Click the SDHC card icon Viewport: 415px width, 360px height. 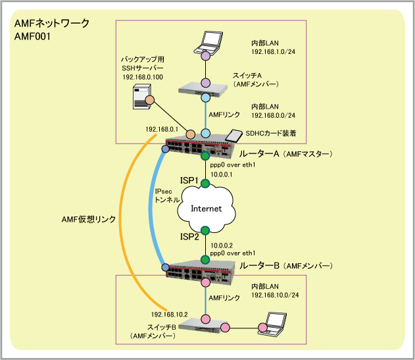tap(233, 136)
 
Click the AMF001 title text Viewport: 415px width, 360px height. tap(33, 38)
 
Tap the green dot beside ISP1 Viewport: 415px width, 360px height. tap(205, 182)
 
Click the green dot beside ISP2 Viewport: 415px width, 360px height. tap(205, 231)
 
